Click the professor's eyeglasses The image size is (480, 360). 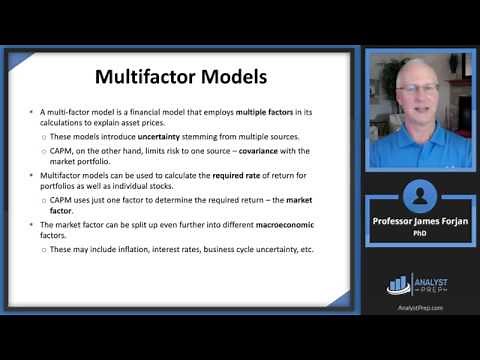(x=415, y=89)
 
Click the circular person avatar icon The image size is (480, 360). (x=420, y=196)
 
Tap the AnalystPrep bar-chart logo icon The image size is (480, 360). (x=398, y=284)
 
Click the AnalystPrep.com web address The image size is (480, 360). (x=419, y=308)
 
